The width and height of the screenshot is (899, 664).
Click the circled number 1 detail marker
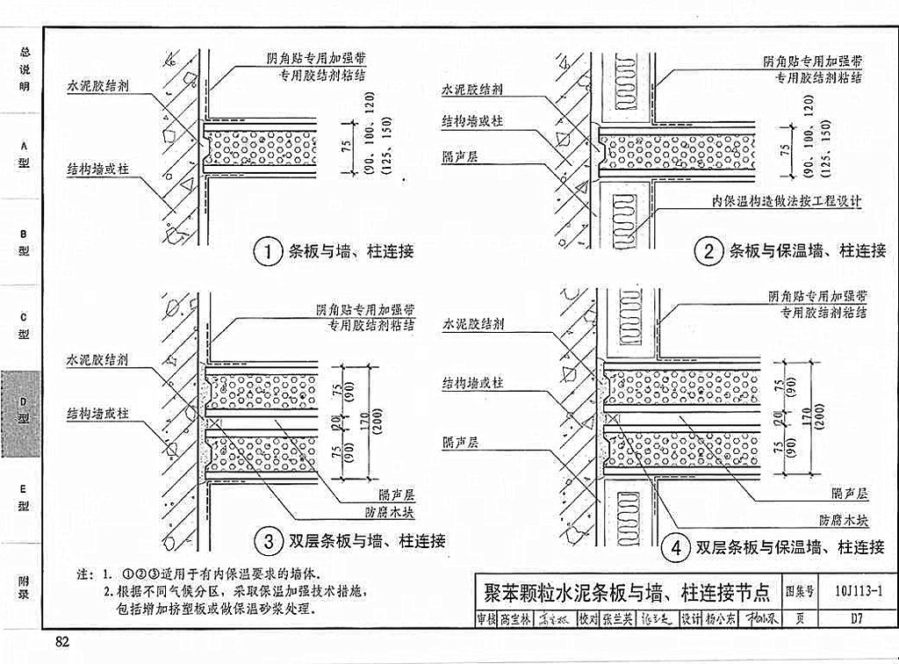click(267, 252)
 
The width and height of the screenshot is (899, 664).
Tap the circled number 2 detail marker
click(708, 252)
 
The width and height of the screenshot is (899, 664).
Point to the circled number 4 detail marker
click(675, 548)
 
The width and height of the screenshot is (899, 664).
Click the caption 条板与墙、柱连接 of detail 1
click(350, 252)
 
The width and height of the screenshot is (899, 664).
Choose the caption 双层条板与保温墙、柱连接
click(790, 548)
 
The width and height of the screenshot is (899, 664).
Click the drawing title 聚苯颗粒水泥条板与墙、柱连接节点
click(627, 590)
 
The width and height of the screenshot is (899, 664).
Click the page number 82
click(62, 640)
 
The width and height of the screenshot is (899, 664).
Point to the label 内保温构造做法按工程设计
click(787, 201)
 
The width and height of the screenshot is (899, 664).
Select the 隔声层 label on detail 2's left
click(460, 155)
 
